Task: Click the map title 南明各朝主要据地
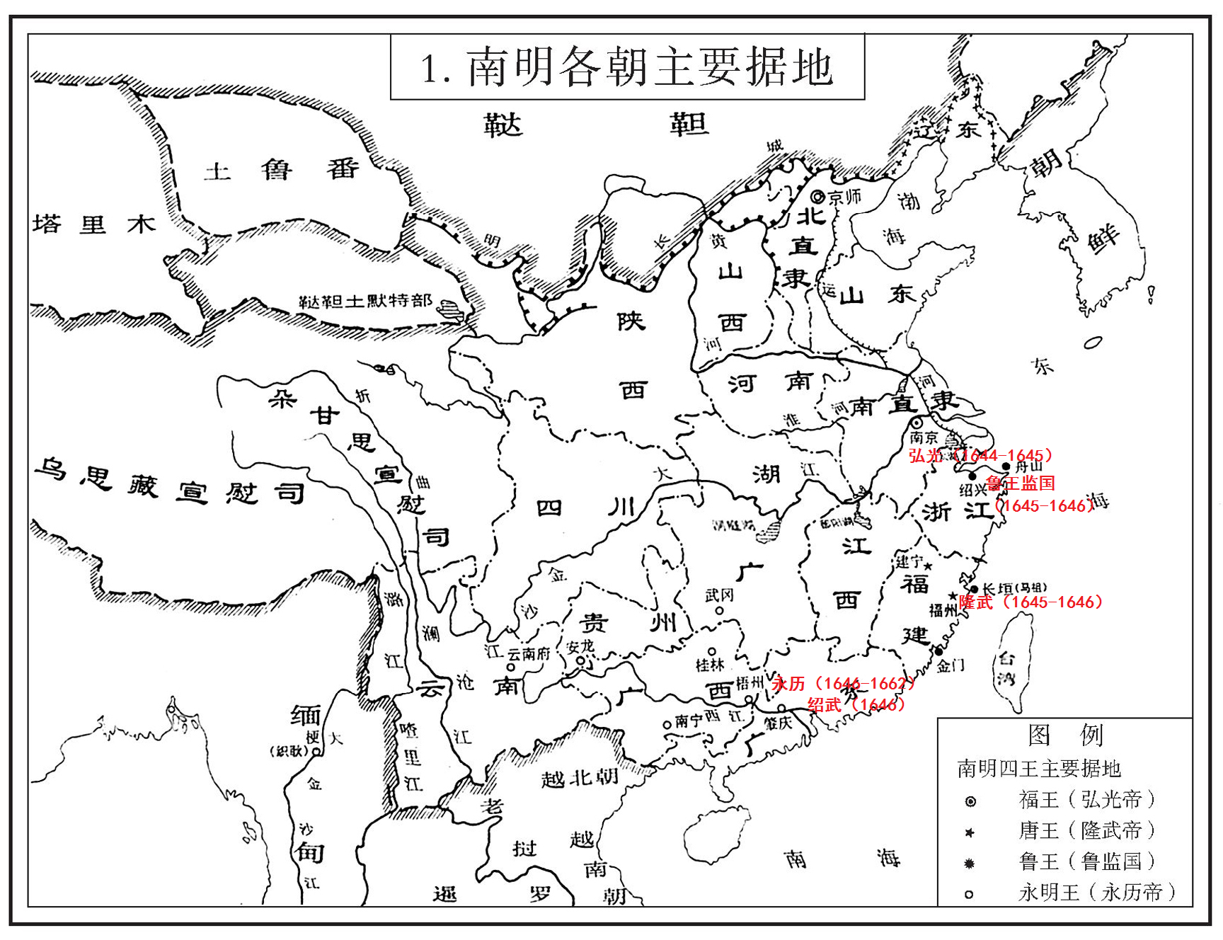(627, 67)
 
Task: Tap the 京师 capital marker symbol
(818, 197)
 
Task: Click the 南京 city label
(924, 437)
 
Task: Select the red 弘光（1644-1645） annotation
(980, 455)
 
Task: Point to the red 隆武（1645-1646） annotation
(1030, 602)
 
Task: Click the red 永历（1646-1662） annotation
(843, 683)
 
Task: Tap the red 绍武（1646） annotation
(856, 704)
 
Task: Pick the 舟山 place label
(1028, 466)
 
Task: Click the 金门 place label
(951, 665)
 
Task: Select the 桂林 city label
(710, 665)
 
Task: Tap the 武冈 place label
(719, 595)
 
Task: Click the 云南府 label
(528, 653)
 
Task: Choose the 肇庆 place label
(778, 723)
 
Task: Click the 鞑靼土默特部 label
(365, 301)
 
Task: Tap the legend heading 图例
(1065, 735)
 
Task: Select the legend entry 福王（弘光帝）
(1086, 800)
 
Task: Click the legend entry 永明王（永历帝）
(1096, 893)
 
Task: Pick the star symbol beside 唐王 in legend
(970, 832)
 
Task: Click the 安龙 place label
(580, 647)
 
